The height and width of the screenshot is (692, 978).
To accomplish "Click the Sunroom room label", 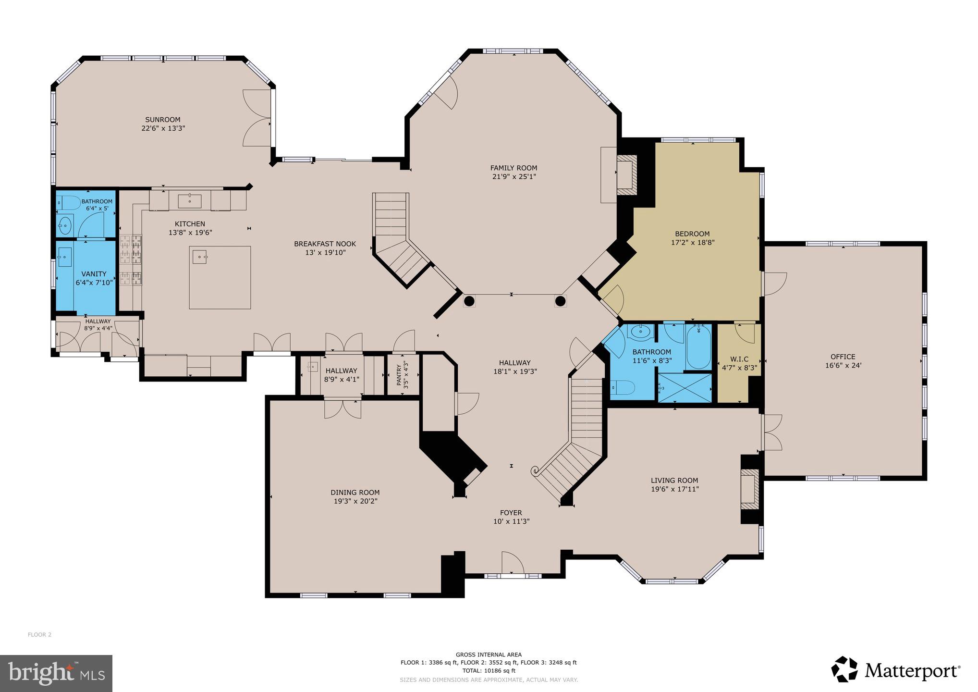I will point(163,120).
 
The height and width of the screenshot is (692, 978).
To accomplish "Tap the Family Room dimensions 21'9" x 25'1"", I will point(513,176).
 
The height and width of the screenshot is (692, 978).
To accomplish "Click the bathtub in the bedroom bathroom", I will point(698,346).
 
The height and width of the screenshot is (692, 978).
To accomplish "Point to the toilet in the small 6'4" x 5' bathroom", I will point(68,203).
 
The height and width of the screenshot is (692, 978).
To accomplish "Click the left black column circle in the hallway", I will point(469,301).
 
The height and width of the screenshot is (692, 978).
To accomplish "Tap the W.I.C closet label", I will point(739,359).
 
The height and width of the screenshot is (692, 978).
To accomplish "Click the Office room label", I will point(843,357).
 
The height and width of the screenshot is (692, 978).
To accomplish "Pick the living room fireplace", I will point(748,489).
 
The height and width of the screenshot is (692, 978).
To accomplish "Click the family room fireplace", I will point(626,175).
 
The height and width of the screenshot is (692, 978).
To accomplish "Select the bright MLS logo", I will point(56,673).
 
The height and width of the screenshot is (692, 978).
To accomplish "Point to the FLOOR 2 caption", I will point(39,634).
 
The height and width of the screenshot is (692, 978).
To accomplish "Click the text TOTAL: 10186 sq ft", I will point(489,670).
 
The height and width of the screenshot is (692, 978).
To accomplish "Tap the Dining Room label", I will point(355,492).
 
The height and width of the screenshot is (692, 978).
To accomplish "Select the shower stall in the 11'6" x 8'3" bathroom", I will point(684,387).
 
